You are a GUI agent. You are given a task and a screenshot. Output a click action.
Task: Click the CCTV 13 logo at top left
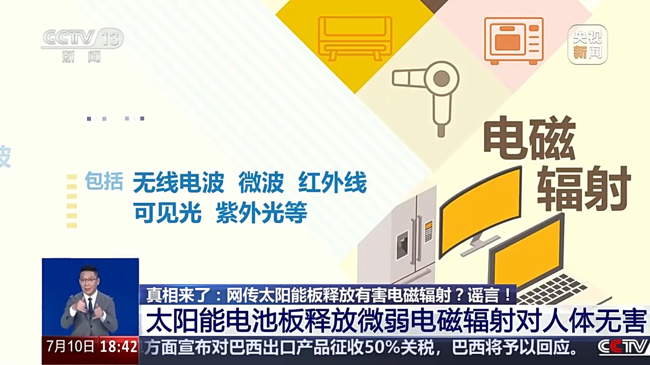[82, 45]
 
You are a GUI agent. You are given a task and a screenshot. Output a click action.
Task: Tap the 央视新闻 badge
[588, 45]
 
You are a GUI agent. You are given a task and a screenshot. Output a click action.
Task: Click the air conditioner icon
[355, 38]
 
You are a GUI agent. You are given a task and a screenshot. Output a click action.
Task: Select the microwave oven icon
[514, 41]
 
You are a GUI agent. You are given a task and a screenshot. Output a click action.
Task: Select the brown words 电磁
[529, 138]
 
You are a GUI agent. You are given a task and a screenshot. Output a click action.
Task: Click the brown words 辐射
[584, 189]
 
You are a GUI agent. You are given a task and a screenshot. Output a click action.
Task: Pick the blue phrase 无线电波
[178, 182]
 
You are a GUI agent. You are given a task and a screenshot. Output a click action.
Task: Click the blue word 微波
[261, 182]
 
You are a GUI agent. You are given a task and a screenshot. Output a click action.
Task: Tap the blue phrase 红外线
[332, 182]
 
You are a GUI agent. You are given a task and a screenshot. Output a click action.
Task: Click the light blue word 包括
[104, 181]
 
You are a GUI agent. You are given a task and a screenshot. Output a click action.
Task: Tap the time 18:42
[118, 347]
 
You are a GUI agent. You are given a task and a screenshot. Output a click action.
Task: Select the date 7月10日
[71, 346]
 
